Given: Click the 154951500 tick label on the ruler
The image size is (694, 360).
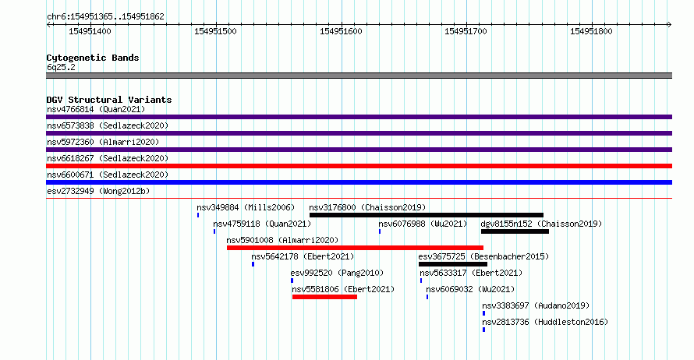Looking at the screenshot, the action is click(215, 31).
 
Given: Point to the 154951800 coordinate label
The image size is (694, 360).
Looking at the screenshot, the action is click(591, 31).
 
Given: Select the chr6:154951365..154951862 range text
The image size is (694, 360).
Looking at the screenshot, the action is click(105, 16).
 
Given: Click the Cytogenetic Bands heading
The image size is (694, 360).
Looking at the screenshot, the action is click(93, 58).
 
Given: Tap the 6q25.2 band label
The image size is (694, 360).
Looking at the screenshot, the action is click(61, 67).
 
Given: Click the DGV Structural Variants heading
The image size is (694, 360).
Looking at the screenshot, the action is click(109, 100).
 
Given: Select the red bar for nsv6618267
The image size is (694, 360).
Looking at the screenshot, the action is click(359, 166).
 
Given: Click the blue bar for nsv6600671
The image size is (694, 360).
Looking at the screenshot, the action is click(359, 182).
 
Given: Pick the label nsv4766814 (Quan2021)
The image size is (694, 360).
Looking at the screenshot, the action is click(96, 109).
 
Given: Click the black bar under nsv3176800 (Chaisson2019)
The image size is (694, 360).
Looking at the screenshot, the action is click(427, 215).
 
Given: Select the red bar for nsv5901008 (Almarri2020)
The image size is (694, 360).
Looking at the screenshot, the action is click(355, 248).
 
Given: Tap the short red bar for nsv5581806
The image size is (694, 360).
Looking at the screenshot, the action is click(324, 297).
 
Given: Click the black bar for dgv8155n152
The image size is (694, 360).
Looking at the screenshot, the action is click(515, 231).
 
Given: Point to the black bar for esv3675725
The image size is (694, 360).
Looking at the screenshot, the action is click(453, 264).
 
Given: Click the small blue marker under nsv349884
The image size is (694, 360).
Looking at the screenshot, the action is click(198, 215).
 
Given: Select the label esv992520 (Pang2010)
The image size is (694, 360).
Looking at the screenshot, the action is click(338, 273).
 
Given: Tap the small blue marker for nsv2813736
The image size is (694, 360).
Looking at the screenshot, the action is click(483, 330).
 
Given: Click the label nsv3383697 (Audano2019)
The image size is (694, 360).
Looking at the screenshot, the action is click(536, 305).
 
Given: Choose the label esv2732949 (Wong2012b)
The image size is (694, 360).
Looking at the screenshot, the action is click(98, 191).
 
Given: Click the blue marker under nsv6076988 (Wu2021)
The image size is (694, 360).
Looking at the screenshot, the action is click(380, 231).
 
